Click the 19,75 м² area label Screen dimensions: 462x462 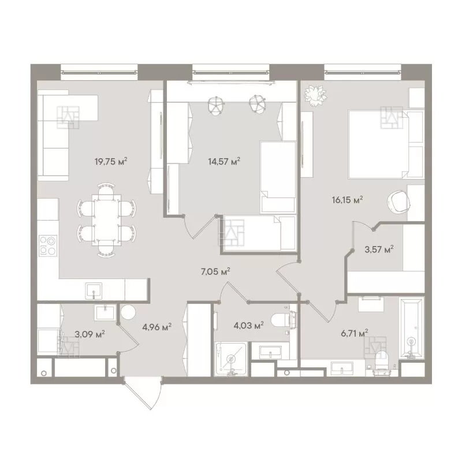(x=111, y=162)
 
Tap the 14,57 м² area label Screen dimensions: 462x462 (x=224, y=161)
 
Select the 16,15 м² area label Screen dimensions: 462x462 (x=347, y=200)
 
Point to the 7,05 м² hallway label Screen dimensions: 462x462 (x=215, y=271)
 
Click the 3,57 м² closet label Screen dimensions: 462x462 (x=379, y=249)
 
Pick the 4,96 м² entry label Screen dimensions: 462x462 (x=157, y=327)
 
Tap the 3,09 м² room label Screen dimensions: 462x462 (x=90, y=334)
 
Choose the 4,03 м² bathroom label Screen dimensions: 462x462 (x=248, y=326)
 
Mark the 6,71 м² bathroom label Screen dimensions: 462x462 (x=355, y=334)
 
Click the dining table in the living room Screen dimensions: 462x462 (x=106, y=220)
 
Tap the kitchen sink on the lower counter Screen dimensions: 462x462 (x=94, y=291)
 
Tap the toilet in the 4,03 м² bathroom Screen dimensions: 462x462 (x=284, y=320)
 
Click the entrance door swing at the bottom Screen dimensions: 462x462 (x=143, y=393)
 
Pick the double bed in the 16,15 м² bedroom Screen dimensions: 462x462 (x=386, y=144)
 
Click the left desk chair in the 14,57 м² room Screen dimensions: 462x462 (x=216, y=105)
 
